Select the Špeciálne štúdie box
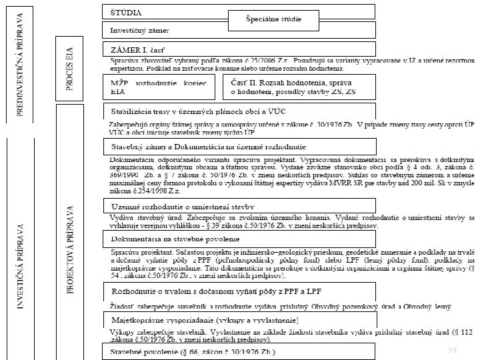tap(273, 20)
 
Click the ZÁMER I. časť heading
tap(141, 49)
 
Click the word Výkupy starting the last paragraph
tap(121, 331)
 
